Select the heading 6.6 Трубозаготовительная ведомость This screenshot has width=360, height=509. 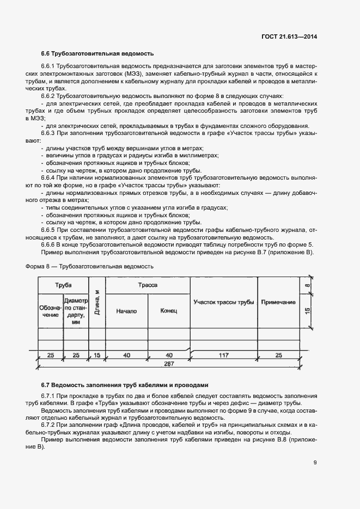coord(97,53)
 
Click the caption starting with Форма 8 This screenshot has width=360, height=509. coord(90,267)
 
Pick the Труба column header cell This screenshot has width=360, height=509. coord(63,285)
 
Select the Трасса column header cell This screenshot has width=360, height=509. coord(148,285)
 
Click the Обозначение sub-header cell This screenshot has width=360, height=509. coord(50,311)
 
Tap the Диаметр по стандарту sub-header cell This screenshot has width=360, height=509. coord(76,311)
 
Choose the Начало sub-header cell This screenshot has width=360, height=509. coord(126,311)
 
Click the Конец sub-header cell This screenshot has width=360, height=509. coord(169,311)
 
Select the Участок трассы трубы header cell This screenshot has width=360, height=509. coord(223,303)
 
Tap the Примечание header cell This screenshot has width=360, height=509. coord(278,303)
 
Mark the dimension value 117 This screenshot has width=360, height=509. coord(223,355)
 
